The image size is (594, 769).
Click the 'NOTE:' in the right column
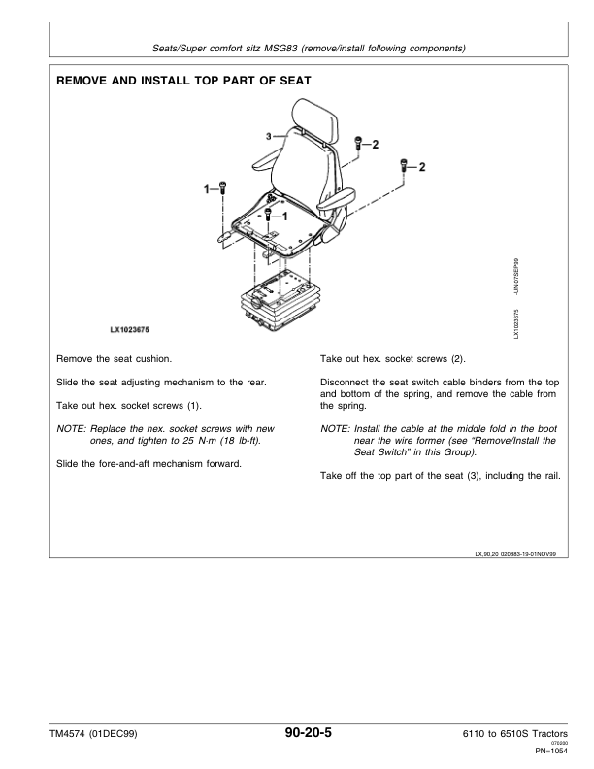click(335, 427)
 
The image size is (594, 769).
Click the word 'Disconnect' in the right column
click(346, 382)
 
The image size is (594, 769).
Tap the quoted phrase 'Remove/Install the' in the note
click(510, 440)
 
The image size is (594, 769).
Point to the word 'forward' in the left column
click(218, 463)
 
